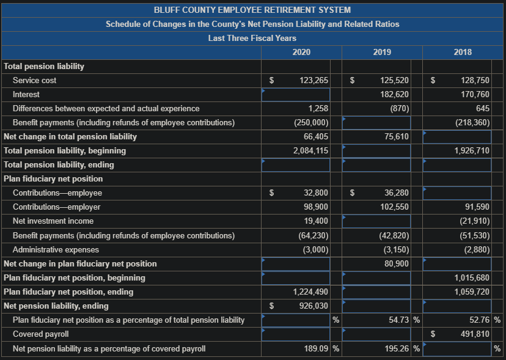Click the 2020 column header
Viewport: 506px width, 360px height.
click(301, 53)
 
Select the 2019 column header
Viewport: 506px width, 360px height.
click(382, 53)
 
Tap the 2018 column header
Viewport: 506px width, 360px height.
click(463, 53)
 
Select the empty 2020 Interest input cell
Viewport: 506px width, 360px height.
click(296, 95)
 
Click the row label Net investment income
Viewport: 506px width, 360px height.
click(53, 221)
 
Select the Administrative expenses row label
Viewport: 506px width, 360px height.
click(56, 249)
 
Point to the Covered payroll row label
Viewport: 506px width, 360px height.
click(40, 334)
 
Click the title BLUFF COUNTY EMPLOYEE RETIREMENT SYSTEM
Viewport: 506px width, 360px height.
click(252, 10)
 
